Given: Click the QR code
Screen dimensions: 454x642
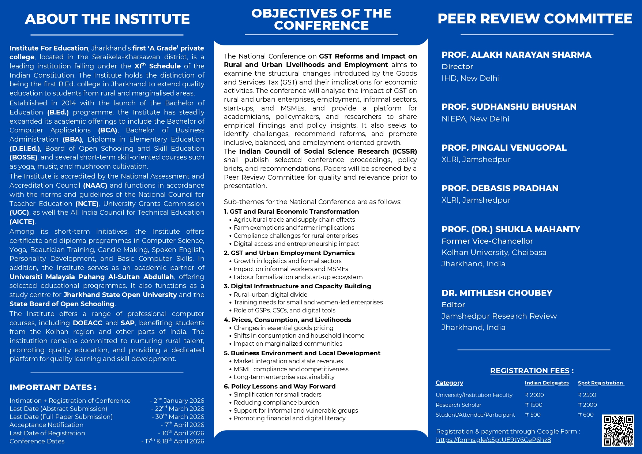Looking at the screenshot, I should [x=618, y=431].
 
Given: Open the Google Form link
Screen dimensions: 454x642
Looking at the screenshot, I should [x=493, y=440].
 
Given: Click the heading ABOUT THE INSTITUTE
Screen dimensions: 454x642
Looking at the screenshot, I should [x=107, y=19].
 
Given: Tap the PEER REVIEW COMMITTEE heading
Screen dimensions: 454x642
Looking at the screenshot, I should [x=535, y=19].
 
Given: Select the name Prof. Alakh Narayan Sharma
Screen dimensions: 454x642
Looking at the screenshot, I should [x=516, y=55].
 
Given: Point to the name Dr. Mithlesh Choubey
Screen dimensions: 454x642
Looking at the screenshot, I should [x=497, y=293].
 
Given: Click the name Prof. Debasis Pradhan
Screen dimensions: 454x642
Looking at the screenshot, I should [x=500, y=188].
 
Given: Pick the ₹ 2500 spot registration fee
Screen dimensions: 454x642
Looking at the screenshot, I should [x=587, y=395].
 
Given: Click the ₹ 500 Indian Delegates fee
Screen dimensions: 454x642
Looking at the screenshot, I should [x=533, y=415].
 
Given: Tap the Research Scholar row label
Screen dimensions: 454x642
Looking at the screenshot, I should [x=458, y=405].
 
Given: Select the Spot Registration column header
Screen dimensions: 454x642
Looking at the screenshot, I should [x=600, y=383].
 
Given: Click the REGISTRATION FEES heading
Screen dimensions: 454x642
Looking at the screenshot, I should [x=530, y=371].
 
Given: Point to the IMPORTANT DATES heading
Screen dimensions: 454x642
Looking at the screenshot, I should [x=53, y=387].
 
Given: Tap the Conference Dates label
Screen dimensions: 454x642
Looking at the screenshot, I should [x=37, y=442].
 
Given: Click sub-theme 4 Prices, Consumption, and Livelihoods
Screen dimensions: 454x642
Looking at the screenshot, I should [x=288, y=320].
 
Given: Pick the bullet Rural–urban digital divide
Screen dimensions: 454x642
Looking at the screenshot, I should [x=270, y=294].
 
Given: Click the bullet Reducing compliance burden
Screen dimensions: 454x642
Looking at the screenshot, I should [x=276, y=402].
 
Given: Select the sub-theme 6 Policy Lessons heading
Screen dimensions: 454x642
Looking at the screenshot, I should [x=279, y=386].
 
